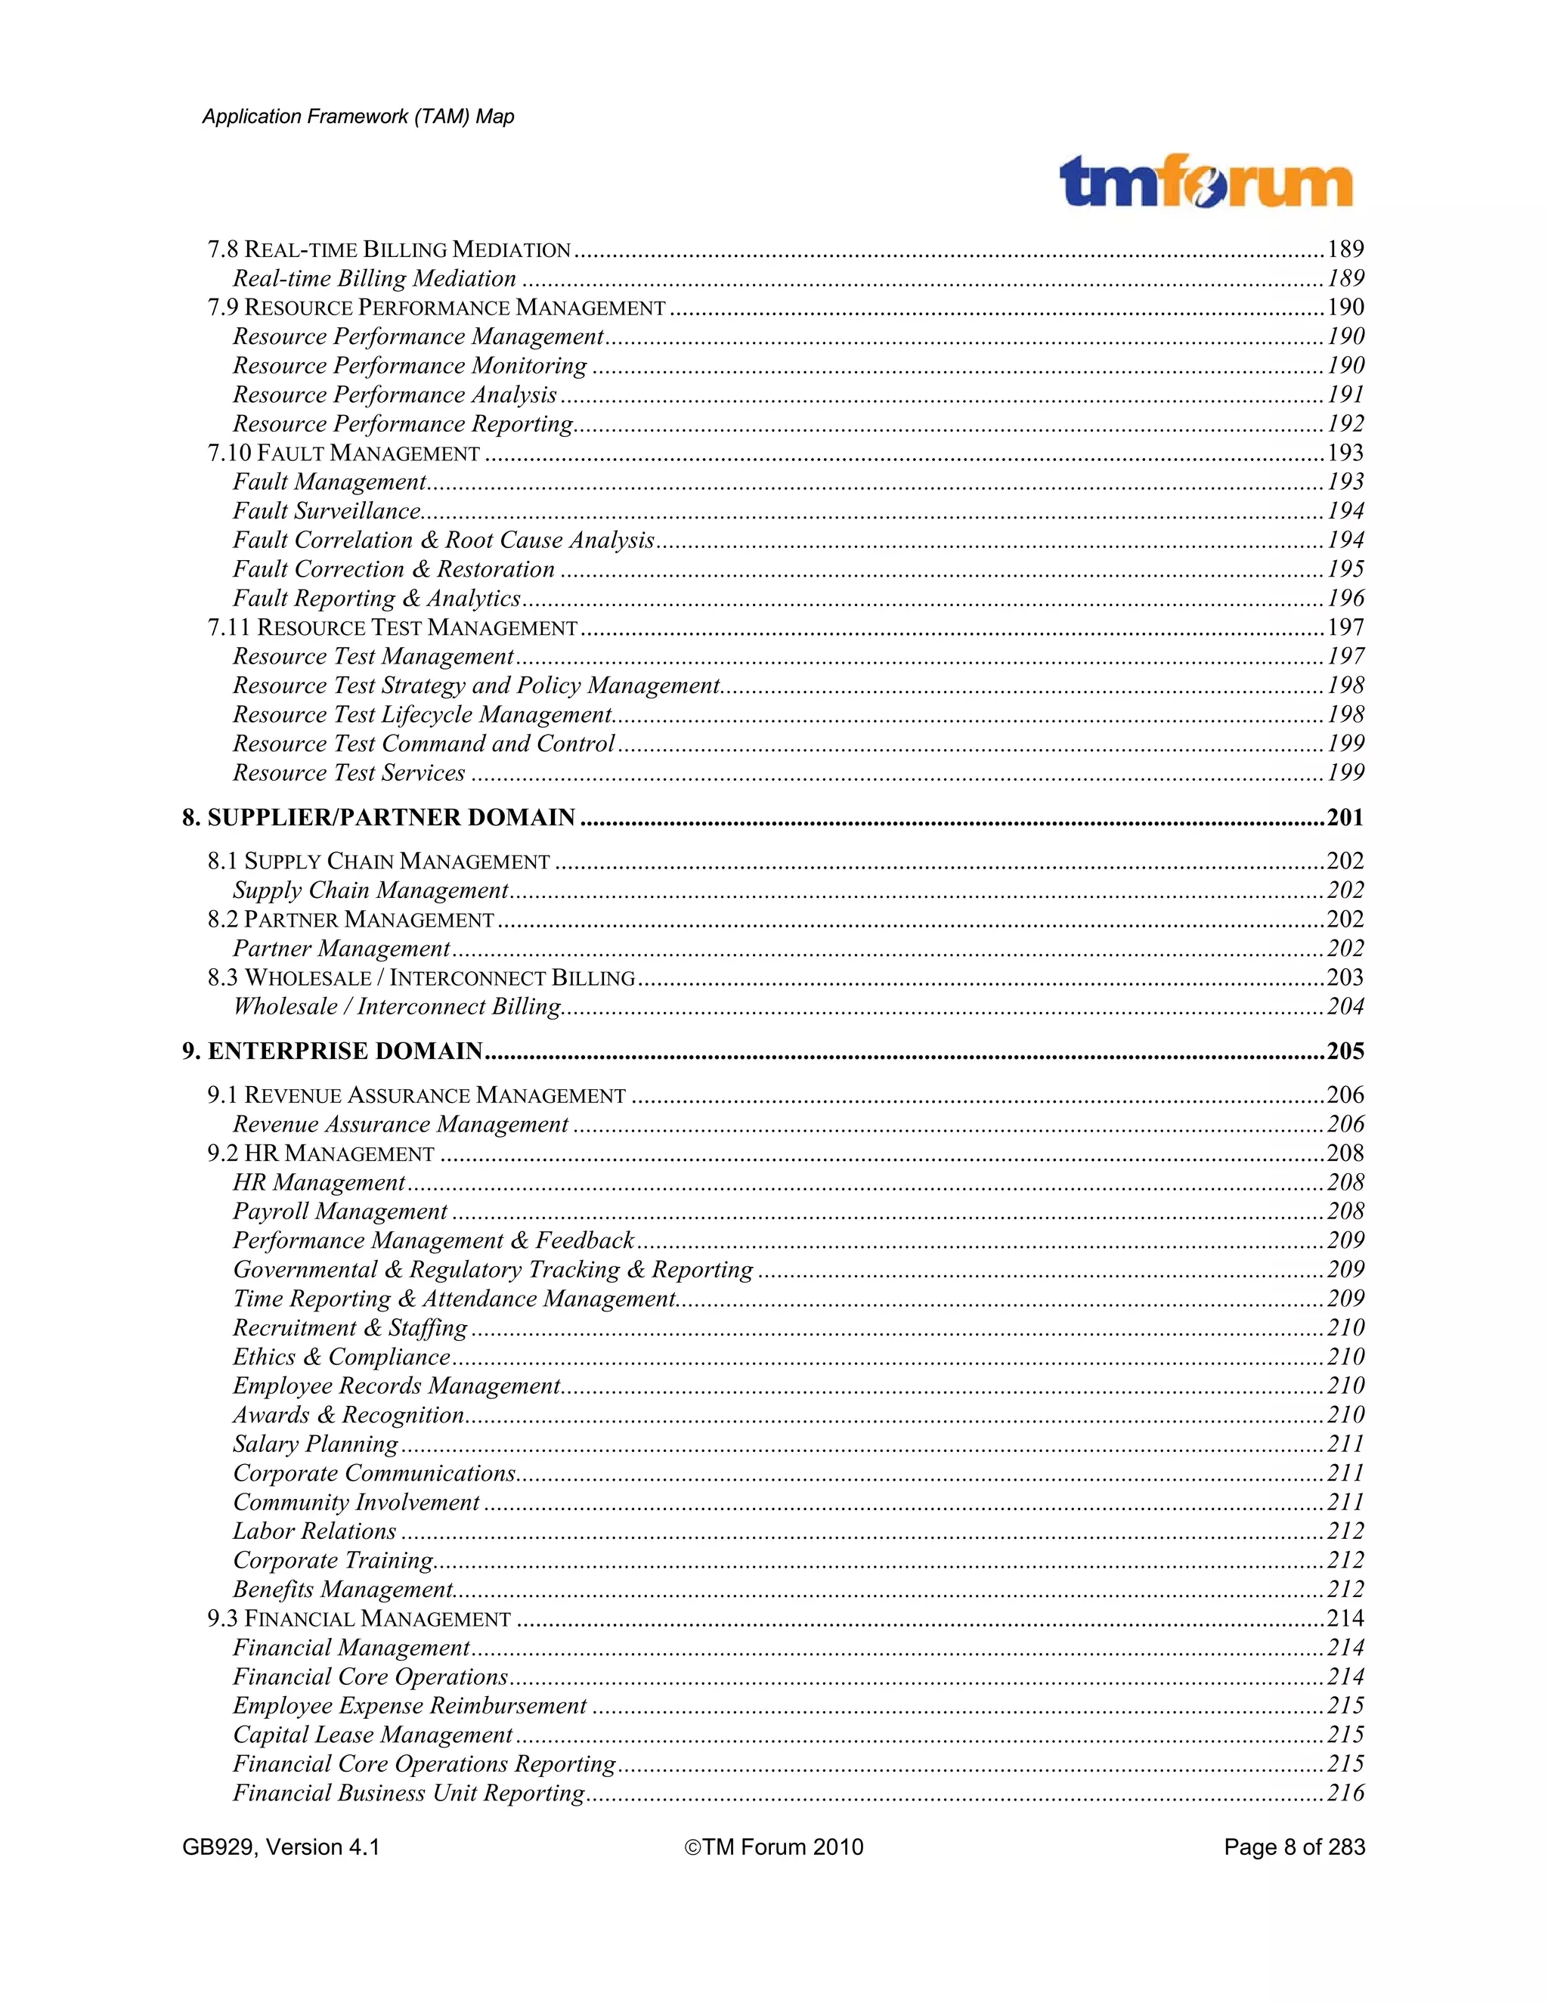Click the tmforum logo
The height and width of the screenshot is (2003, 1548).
click(1205, 182)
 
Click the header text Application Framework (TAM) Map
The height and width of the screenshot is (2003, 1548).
click(358, 116)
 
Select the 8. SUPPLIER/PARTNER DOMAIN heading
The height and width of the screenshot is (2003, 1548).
click(378, 817)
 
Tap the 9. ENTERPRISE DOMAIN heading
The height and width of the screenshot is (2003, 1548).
click(332, 1051)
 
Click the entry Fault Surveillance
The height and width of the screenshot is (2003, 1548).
click(327, 511)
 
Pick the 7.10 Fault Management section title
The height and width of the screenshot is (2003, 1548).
click(343, 453)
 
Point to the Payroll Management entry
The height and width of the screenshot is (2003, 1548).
click(339, 1212)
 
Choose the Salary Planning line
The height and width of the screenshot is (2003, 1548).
click(315, 1444)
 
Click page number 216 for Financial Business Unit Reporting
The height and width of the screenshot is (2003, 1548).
click(1345, 1793)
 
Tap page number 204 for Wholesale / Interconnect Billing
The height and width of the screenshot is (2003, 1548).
click(1345, 1007)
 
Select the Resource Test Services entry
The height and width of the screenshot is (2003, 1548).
click(348, 773)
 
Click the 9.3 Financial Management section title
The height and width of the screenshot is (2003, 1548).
click(358, 1619)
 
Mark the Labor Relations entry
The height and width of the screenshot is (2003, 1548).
click(314, 1531)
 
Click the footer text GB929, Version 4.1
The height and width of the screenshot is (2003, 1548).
click(280, 1847)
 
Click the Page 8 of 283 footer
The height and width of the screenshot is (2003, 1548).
click(1294, 1847)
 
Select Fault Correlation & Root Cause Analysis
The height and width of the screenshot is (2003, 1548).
click(443, 540)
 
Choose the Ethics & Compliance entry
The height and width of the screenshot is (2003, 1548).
click(341, 1358)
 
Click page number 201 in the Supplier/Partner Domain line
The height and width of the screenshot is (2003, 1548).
click(1345, 817)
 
